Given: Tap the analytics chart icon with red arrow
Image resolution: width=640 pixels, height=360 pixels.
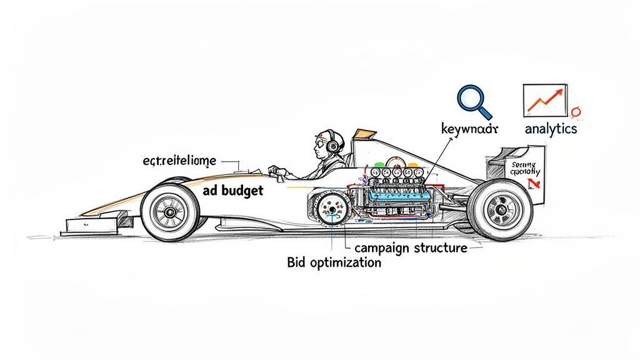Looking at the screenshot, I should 544,99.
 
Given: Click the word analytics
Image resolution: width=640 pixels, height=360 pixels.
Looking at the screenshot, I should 550,129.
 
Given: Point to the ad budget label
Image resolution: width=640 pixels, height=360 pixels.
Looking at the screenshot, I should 233,191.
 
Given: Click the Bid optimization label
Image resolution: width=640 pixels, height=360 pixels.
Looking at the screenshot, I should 334,262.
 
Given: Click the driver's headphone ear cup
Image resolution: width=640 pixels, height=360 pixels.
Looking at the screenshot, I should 332,145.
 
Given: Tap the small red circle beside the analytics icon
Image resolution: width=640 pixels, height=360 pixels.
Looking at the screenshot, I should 576,112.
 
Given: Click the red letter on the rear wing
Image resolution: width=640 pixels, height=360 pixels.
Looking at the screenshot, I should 532,183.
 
